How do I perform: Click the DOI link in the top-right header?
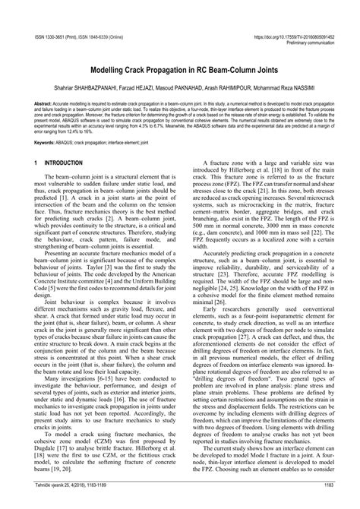tap(289, 13)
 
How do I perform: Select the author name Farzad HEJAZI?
tap(136, 66)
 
